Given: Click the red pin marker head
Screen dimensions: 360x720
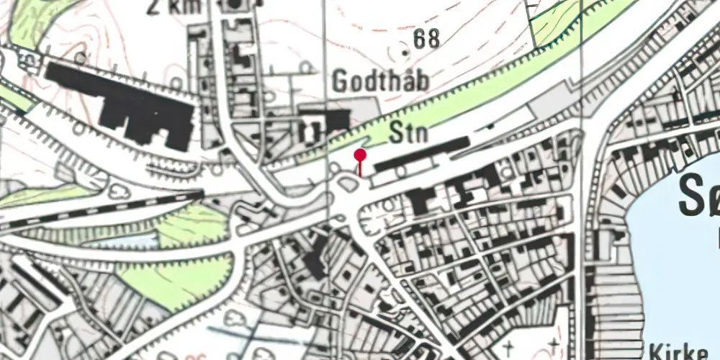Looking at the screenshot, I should tap(360, 155).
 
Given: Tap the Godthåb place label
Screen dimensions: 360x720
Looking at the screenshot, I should tap(380, 81).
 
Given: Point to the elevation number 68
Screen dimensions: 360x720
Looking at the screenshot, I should tap(426, 40).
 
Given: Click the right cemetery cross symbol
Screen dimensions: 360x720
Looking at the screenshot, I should tap(552, 343).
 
